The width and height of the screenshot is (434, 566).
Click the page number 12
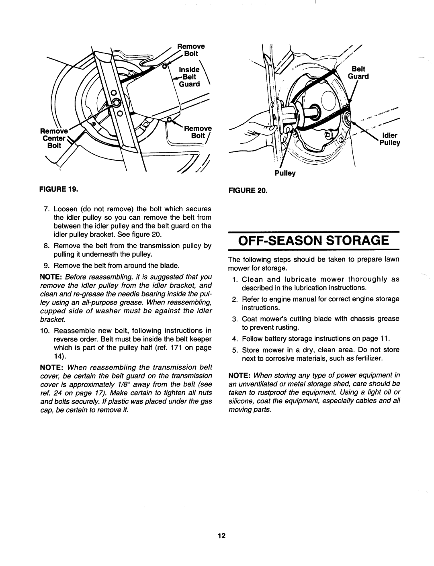(221, 536)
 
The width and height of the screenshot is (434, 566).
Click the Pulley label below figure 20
(285, 174)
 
